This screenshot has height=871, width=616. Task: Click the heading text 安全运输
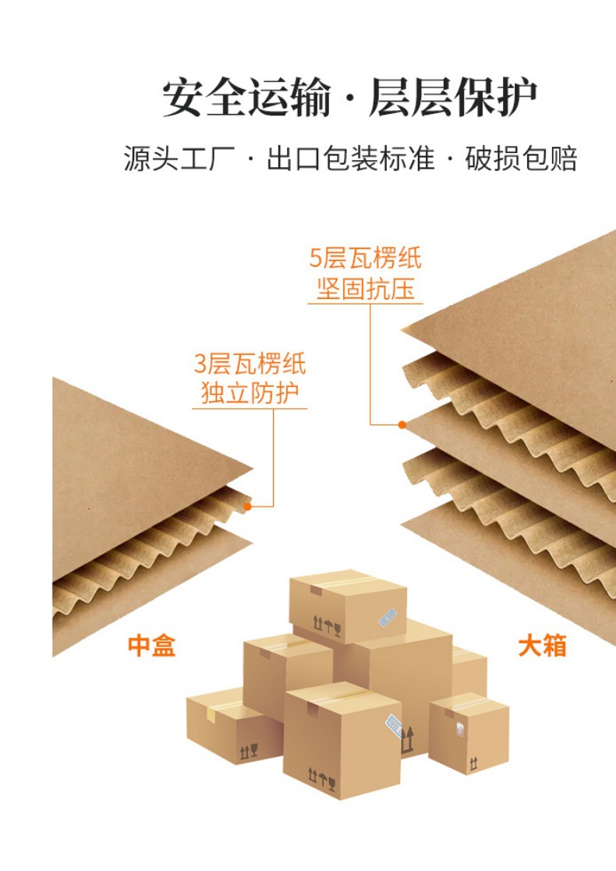click(246, 98)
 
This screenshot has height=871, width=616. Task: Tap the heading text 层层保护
click(453, 98)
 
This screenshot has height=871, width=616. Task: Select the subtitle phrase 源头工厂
click(179, 158)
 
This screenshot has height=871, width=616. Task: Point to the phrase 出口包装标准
click(351, 158)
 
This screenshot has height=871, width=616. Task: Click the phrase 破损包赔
click(521, 158)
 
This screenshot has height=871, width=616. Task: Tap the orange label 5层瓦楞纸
click(365, 258)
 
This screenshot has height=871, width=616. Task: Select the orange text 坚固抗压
click(366, 289)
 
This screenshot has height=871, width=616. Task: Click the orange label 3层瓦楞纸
click(250, 364)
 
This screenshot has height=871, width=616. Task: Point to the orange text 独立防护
click(250, 393)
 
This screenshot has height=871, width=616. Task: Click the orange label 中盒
click(151, 645)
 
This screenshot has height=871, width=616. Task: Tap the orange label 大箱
click(542, 645)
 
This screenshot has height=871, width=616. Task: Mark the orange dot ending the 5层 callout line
click(402, 425)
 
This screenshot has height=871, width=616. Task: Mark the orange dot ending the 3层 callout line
click(247, 506)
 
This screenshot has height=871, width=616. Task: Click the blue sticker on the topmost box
click(388, 617)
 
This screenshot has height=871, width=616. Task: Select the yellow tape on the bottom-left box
click(211, 715)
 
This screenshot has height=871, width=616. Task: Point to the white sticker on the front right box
click(460, 729)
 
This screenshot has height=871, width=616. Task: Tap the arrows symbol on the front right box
click(473, 764)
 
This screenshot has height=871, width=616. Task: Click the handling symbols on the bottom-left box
click(249, 752)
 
